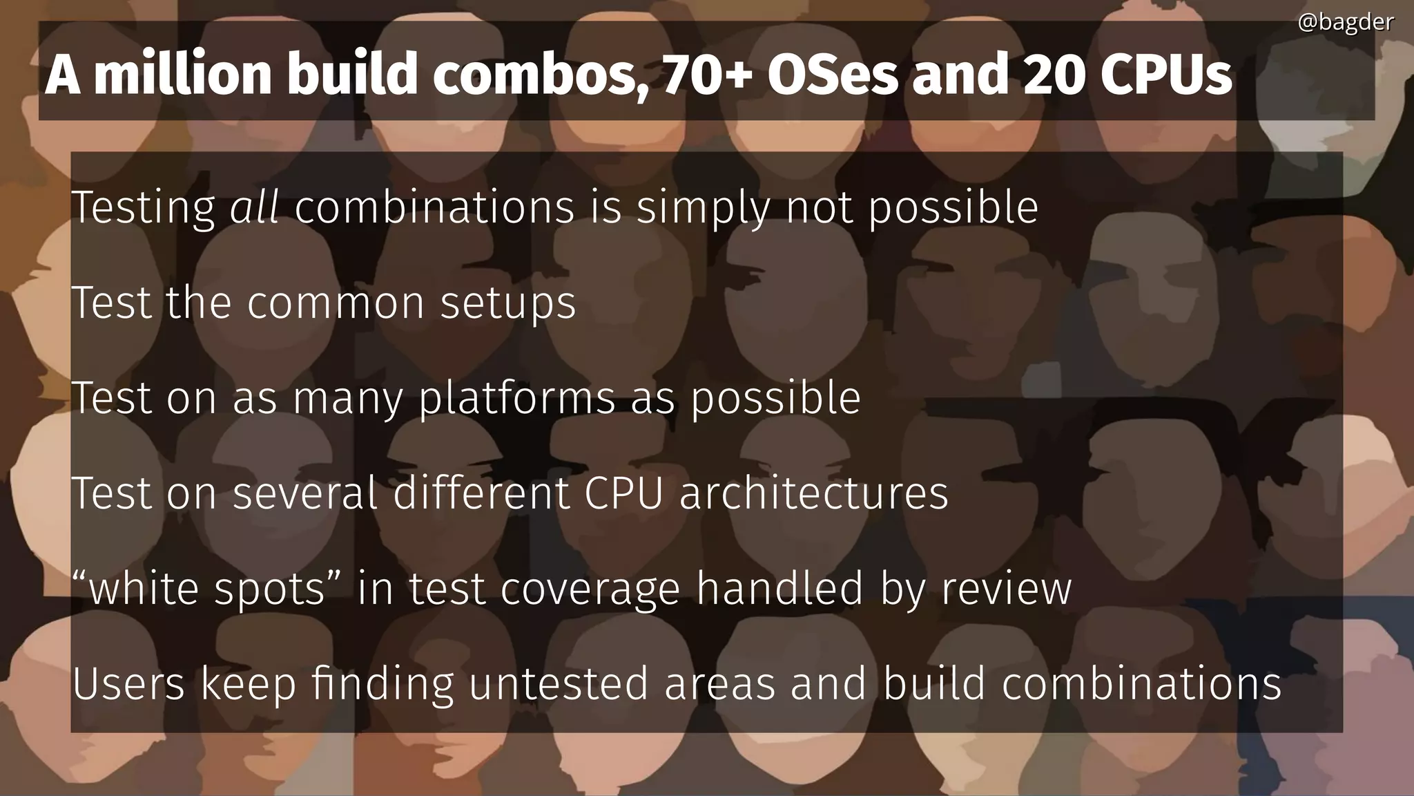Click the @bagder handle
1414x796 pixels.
tap(1345, 23)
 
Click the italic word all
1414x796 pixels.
tap(254, 207)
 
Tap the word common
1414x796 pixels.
tap(336, 303)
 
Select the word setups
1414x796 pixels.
tap(508, 304)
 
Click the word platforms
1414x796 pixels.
tap(517, 399)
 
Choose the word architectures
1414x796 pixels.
tap(814, 493)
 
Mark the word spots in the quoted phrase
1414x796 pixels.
tap(269, 589)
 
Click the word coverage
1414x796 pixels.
tap(590, 589)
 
